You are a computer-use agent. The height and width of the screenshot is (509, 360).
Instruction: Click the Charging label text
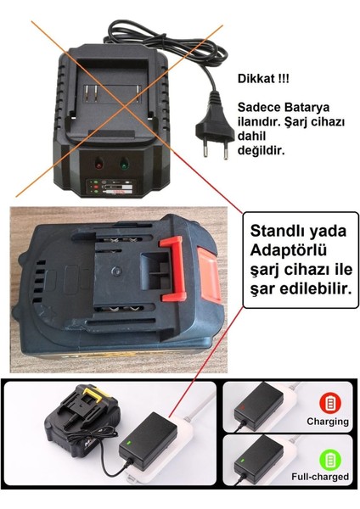tap(329, 422)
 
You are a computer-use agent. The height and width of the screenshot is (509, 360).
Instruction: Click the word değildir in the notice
tap(266, 153)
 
